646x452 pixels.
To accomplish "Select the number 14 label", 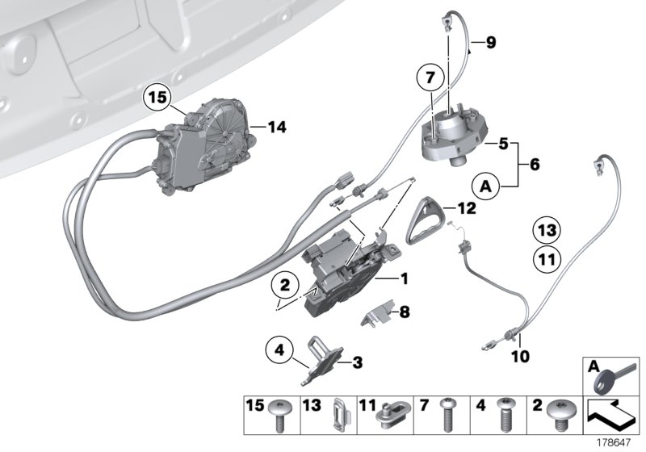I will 277,127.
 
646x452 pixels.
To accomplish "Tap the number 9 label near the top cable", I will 490,43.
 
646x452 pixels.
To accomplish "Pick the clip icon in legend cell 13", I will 338,418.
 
